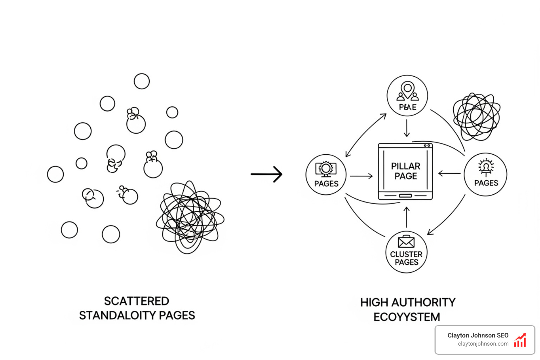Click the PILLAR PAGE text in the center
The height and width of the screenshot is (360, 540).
coord(405,171)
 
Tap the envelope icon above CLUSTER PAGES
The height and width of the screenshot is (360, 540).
coord(406,242)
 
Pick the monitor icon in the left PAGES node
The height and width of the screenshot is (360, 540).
coord(326,169)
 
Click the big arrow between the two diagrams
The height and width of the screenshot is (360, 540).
coord(266,174)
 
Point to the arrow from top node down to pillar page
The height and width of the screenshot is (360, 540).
coord(407,128)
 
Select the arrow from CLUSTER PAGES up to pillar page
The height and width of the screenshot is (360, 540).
coord(406,217)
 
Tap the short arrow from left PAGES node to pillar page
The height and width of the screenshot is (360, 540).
coord(361,176)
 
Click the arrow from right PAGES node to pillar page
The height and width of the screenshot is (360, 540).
coord(449,173)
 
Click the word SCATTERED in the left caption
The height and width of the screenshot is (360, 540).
coord(136,301)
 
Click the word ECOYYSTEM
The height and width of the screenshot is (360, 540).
coord(406,317)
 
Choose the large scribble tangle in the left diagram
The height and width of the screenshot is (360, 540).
coord(190,216)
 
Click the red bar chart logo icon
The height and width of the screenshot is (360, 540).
coord(520,340)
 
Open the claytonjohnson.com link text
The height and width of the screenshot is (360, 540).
coord(483,344)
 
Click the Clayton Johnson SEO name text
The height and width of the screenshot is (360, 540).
coord(478,335)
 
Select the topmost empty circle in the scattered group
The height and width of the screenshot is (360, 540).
coord(142,81)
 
